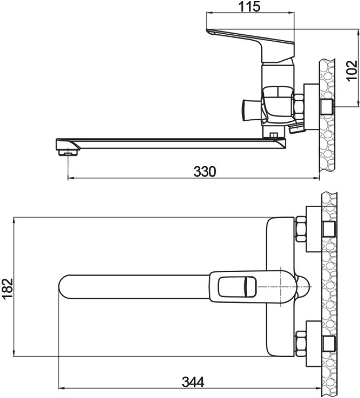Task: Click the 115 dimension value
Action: click(249, 6)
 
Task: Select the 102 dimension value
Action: click(352, 71)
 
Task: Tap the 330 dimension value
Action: click(205, 171)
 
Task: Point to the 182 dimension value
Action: click(8, 288)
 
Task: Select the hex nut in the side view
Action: click(299, 107)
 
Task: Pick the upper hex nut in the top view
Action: click(301, 229)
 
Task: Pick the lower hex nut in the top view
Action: click(301, 344)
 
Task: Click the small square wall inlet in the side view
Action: click(327, 106)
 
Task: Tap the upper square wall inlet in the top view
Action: click(329, 229)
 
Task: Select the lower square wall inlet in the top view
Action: click(329, 344)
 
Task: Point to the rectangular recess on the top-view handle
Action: click(238, 287)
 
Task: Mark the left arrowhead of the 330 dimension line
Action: click(71, 178)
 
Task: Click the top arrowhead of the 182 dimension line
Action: click(14, 220)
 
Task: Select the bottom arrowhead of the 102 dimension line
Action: click(358, 104)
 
